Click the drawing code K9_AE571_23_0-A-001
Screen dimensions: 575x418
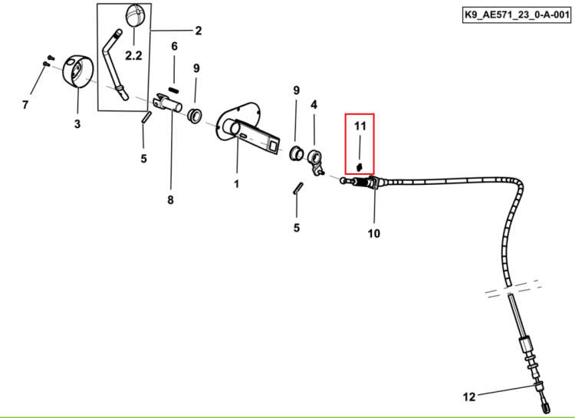(x=517, y=15)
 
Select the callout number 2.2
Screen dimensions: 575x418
(x=133, y=55)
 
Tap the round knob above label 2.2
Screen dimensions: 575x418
(x=135, y=15)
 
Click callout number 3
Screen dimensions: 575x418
(x=77, y=124)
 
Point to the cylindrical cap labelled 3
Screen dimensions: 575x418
(x=77, y=72)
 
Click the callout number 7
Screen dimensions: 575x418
(x=25, y=105)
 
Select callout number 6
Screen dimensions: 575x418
(x=174, y=46)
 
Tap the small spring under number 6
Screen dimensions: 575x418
(x=173, y=90)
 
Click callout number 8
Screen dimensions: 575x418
(x=170, y=200)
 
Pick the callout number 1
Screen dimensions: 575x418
(x=237, y=184)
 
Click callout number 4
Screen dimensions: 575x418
(x=314, y=105)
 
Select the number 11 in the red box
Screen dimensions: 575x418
(x=360, y=126)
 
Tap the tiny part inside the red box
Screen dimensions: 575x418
(x=360, y=167)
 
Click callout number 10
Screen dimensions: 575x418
(x=373, y=233)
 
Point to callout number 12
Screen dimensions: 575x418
(x=469, y=397)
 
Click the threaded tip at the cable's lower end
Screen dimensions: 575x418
(x=545, y=407)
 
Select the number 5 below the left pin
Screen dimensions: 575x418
(x=144, y=159)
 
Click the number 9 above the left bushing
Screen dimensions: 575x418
(x=196, y=68)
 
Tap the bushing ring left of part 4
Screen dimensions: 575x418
(x=296, y=153)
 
